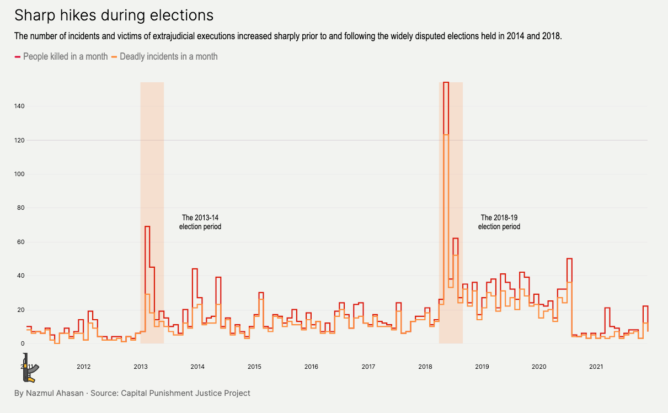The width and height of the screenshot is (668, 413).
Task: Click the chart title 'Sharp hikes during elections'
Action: click(x=114, y=15)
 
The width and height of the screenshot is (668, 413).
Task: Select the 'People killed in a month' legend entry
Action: click(x=65, y=56)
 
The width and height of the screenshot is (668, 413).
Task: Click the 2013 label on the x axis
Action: click(x=141, y=367)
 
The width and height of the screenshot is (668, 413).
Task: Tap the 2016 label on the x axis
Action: click(x=311, y=367)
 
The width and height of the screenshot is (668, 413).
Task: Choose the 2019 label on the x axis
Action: click(x=482, y=367)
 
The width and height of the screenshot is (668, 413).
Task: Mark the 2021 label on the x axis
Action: click(x=596, y=367)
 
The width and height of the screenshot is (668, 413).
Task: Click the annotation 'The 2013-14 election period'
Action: click(x=200, y=222)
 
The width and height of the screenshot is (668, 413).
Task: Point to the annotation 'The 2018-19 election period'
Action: click(x=499, y=222)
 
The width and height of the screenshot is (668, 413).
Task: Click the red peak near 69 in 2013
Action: click(x=147, y=226)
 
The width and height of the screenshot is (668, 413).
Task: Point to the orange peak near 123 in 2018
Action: click(x=446, y=135)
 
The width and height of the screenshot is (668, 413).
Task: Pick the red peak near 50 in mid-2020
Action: click(x=569, y=258)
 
